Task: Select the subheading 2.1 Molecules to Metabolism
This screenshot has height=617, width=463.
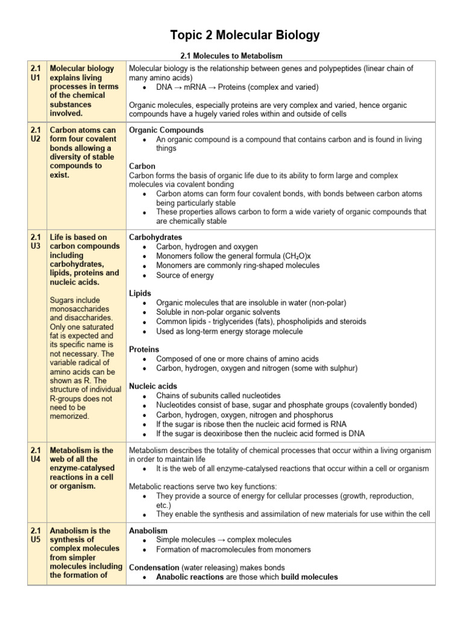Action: [x=231, y=56]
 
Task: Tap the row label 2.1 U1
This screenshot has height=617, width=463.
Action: [x=37, y=73]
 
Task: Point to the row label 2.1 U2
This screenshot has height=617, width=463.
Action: [x=37, y=134]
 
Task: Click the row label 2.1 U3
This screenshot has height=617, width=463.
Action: [x=37, y=242]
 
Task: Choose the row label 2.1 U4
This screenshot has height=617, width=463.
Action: [x=37, y=455]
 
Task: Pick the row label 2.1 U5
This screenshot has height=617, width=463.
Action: [x=37, y=535]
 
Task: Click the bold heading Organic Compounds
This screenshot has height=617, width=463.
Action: [x=166, y=130]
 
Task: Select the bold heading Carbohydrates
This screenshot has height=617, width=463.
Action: [x=156, y=237]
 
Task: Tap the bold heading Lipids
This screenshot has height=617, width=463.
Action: [x=140, y=293]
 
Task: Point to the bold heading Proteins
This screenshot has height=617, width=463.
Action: [x=144, y=349]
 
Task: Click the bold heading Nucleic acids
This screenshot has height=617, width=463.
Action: [x=153, y=386]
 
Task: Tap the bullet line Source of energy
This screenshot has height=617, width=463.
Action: [x=184, y=275]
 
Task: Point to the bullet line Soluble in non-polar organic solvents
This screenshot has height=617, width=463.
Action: [x=218, y=312]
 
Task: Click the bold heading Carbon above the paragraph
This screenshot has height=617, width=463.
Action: [x=142, y=166]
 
